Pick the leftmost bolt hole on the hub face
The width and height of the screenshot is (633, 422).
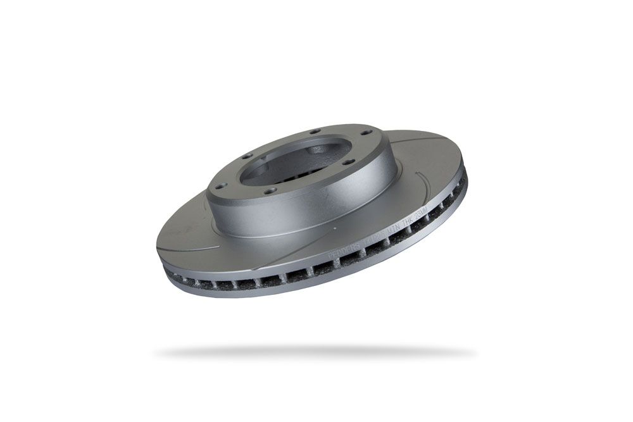click(217, 186)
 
